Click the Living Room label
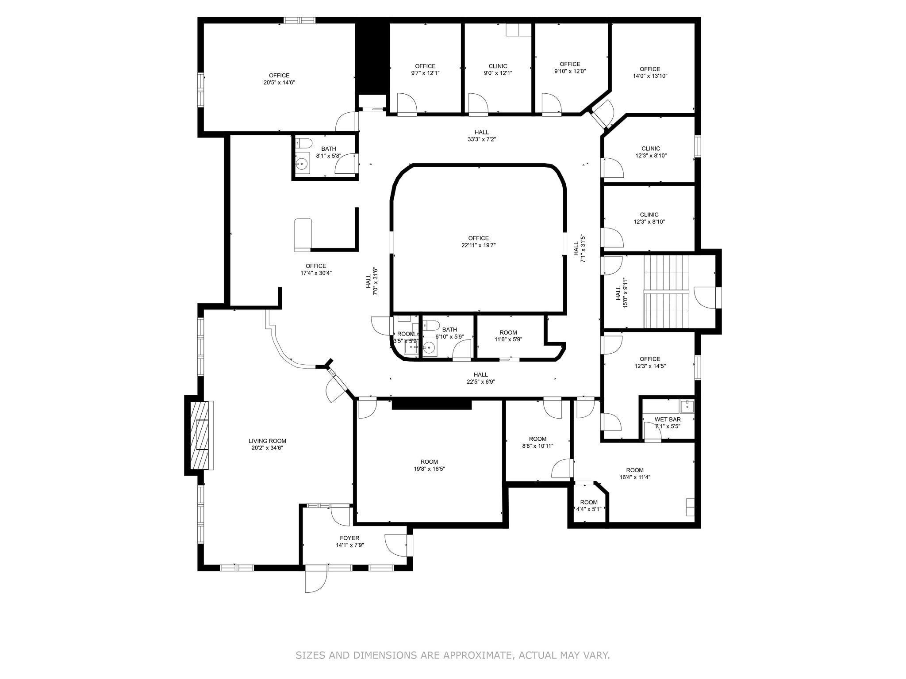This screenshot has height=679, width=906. pos(267,441)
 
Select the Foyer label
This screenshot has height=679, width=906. pos(349,538)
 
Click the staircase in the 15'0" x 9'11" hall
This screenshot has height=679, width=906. pos(666,292)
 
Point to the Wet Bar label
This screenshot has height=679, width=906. pos(668,419)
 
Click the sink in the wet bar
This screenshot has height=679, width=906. pos(687,405)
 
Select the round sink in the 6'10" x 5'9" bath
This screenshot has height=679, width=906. pos(430,348)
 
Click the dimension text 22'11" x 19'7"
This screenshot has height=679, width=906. pos(478,245)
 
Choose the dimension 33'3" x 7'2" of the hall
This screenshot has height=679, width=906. pos(482,139)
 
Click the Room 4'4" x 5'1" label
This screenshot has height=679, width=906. pos(589,502)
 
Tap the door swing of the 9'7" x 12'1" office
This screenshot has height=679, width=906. pos(407,103)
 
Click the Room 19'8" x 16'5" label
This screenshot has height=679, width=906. pos(429,462)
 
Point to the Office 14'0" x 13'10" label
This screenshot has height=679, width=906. pos(650,69)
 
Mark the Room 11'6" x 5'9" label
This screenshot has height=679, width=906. pos(508,332)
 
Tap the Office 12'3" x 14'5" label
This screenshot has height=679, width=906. pos(650,359)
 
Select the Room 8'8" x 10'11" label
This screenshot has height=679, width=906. pos(537,439)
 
